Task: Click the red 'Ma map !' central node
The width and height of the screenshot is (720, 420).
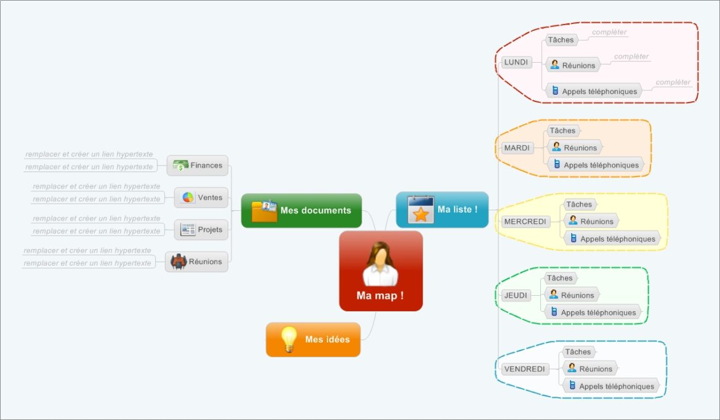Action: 380,271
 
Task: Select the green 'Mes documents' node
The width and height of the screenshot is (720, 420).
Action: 301,210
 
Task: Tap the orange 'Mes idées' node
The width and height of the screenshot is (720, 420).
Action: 313,339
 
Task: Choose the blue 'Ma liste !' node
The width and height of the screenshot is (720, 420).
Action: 442,210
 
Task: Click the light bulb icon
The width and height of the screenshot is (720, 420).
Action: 288,339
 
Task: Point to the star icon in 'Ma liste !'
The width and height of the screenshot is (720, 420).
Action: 421,214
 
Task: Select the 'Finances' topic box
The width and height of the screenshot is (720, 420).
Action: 198,165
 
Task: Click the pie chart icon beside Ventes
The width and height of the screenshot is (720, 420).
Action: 188,197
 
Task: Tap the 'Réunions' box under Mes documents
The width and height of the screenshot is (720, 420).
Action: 196,261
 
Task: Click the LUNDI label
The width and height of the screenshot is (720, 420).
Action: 516,62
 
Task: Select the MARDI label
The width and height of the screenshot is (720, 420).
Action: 516,148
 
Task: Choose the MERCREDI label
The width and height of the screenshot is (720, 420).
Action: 524,221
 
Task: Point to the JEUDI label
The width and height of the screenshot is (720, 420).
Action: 516,295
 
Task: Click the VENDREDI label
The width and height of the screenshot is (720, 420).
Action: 524,369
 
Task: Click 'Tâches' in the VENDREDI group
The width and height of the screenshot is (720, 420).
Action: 578,352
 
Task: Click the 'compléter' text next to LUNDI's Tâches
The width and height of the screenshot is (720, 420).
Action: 609,32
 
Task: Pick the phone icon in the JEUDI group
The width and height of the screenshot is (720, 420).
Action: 554,312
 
